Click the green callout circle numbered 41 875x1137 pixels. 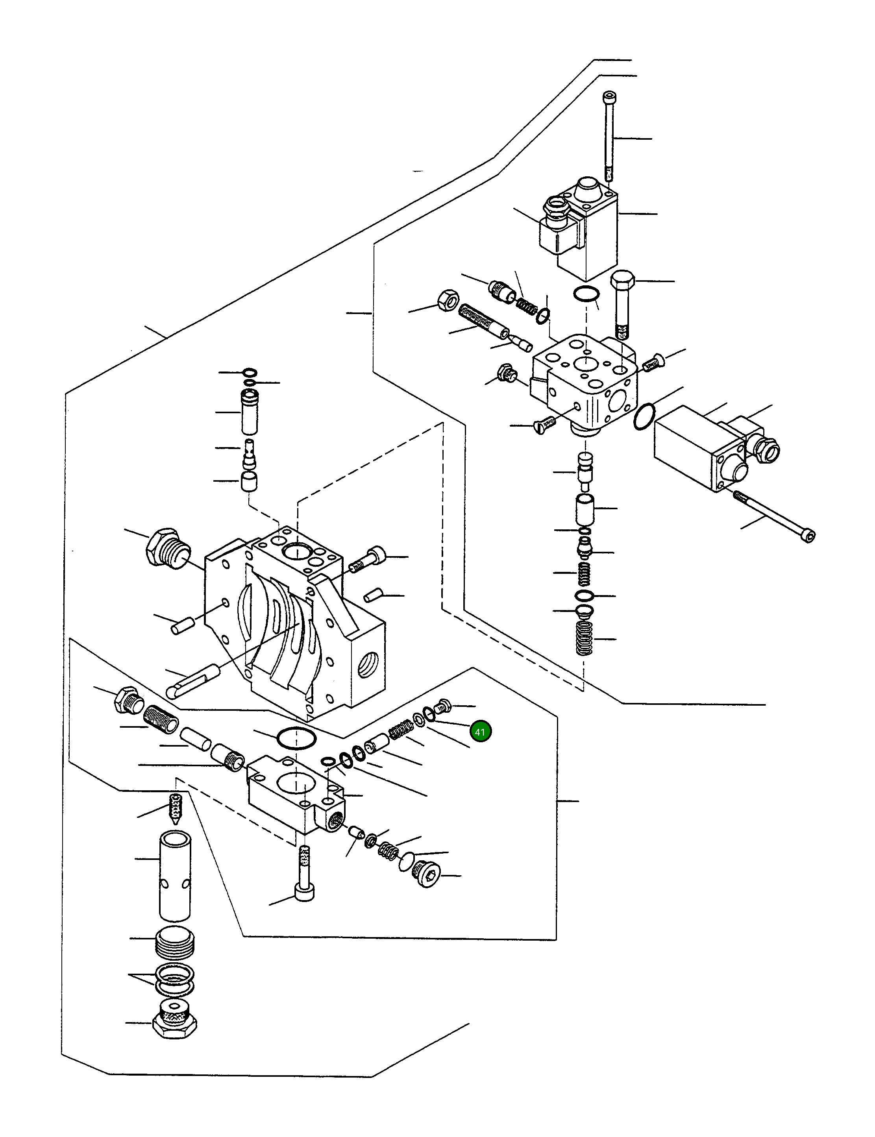[479, 732]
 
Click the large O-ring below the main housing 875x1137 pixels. [296, 739]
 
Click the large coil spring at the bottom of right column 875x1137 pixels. [585, 638]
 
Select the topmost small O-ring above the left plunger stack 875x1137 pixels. [250, 372]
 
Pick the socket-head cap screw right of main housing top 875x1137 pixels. [368, 559]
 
